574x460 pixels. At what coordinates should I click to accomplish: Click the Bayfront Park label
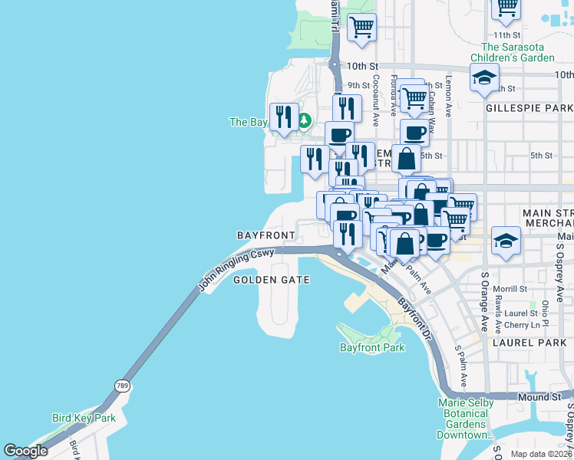pyautogui.click(x=372, y=347)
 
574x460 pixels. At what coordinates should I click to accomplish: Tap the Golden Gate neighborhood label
pyautogui.click(x=272, y=280)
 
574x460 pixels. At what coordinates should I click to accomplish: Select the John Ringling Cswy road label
pyautogui.click(x=236, y=268)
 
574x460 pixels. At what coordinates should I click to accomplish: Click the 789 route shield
pyautogui.click(x=122, y=386)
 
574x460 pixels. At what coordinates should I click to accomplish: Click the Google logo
pyautogui.click(x=25, y=451)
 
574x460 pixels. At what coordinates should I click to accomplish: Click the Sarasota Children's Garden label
pyautogui.click(x=517, y=52)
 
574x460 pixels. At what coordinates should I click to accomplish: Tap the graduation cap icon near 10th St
pyautogui.click(x=484, y=77)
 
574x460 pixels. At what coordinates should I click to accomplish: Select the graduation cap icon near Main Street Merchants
pyautogui.click(x=506, y=240)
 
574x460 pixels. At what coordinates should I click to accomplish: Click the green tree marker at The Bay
pyautogui.click(x=304, y=120)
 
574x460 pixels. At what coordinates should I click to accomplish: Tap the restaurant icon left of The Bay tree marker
pyautogui.click(x=284, y=117)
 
